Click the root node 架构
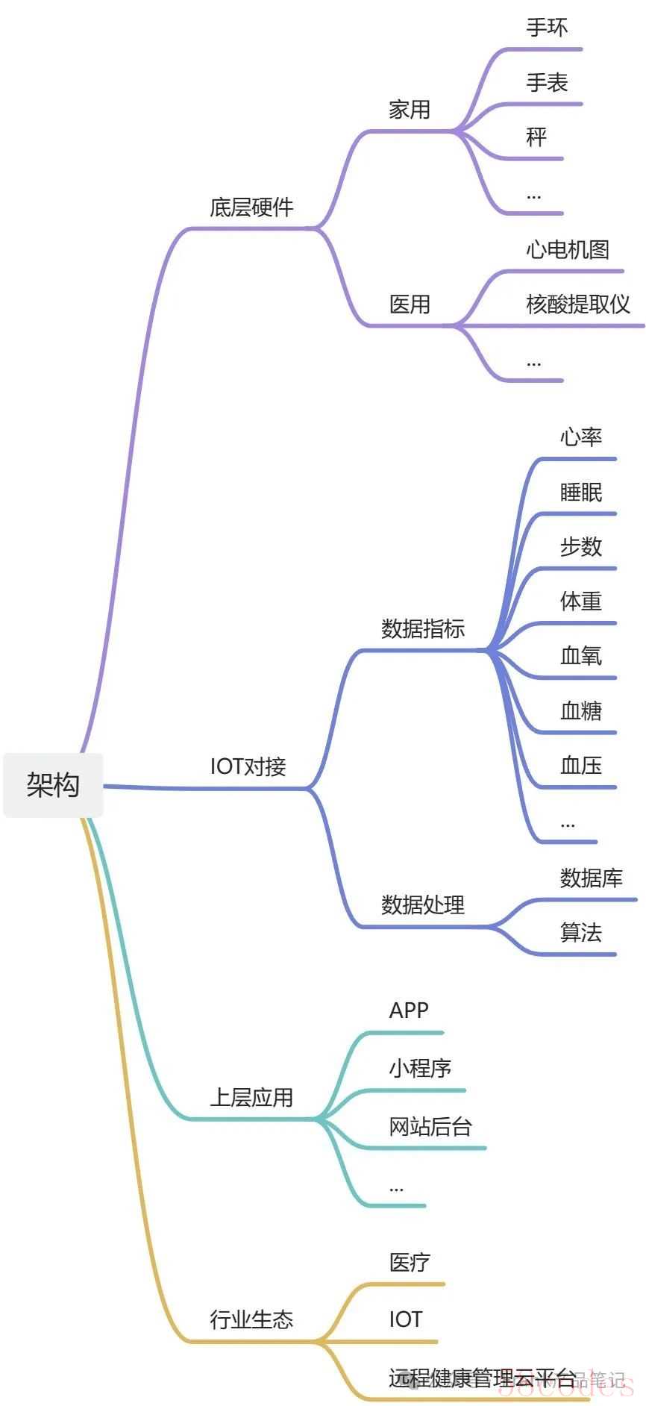pos(53,784)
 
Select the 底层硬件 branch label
pos(251,207)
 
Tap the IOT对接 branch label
pos(248,766)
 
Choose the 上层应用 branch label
pos(251,1097)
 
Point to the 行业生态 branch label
pos(251,1319)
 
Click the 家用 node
pos(410,110)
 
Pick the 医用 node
pos(410,304)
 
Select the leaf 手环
pos(547,28)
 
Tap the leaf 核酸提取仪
pos(578,304)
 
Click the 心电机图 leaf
pos(568,249)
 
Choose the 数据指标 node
pos(423,628)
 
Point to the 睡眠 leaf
pos(580,492)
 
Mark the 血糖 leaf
pos(580,710)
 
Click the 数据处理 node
pos(423,904)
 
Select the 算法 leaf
pos(580,932)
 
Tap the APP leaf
pos(409,1010)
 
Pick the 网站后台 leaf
pos(430,1126)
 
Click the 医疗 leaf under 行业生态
pos(410,1262)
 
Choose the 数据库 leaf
pos(591,878)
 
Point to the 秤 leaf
pos(536,137)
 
